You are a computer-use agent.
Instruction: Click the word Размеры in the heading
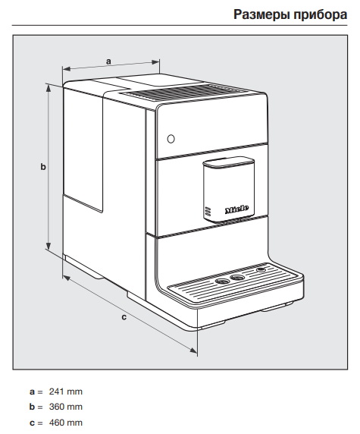coord(261,14)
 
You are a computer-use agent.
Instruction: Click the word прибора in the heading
coord(320,15)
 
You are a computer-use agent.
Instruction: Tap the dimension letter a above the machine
coord(108,61)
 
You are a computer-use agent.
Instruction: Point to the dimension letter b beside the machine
coord(43,167)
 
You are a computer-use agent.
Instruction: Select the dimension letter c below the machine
coord(124,317)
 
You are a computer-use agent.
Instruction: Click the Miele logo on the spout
coord(236,209)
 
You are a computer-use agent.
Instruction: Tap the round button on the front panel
coord(171,139)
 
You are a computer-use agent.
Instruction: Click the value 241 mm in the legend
coord(66,392)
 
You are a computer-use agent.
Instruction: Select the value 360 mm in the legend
coord(66,407)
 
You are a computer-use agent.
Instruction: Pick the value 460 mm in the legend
coord(66,423)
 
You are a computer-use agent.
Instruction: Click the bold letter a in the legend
coord(33,392)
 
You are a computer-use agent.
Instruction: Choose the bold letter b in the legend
coord(33,407)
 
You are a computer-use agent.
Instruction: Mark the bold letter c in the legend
coord(33,423)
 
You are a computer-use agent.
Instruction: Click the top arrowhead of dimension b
coord(49,87)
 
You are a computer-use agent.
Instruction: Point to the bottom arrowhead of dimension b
coord(49,247)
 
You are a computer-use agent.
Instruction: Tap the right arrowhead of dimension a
coord(156,62)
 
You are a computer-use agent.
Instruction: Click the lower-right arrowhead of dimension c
coord(193,351)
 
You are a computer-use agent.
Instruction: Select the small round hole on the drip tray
coord(261,269)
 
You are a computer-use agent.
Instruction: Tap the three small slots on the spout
coord(208,211)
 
